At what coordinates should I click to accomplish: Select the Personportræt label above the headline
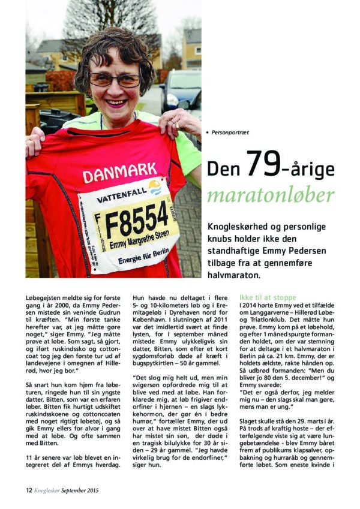tap(231, 131)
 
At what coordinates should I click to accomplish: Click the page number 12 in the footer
tap(28, 490)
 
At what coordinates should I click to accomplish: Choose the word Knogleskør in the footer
tap(50, 490)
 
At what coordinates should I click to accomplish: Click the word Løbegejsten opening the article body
tap(44, 297)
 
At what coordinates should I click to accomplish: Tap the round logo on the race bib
tap(155, 187)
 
